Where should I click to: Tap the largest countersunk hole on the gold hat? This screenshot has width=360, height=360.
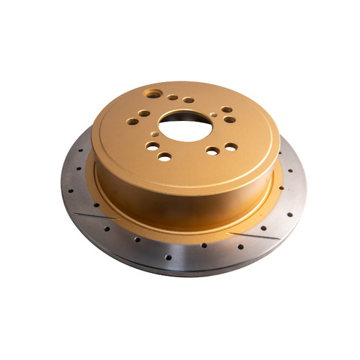click(153, 94)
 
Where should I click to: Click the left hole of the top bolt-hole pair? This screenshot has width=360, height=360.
click(174, 97)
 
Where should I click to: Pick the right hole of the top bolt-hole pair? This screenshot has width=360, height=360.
click(188, 100)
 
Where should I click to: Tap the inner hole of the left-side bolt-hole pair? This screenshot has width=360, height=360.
click(145, 113)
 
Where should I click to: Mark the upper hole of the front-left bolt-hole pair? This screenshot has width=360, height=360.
click(153, 146)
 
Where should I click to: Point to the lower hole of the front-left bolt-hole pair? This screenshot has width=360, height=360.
click(165, 156)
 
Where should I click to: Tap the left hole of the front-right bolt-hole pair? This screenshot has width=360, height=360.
click(212, 151)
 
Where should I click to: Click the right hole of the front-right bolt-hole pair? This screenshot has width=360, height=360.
click(230, 146)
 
